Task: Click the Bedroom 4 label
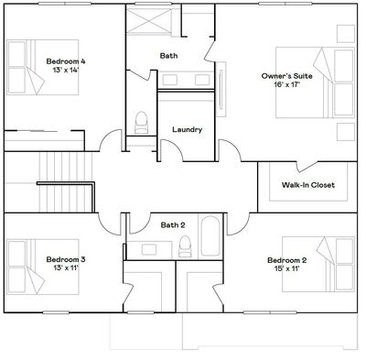pos(66,61)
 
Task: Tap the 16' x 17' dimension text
pos(287,84)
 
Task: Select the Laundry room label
pos(188,130)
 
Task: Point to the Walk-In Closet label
pos(308,185)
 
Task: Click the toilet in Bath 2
pos(185,246)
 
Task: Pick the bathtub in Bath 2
pos(210,236)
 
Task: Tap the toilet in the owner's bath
pos(141,123)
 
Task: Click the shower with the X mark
pos(149,21)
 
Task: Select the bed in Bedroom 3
pos(43,267)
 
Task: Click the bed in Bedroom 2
pos(318,264)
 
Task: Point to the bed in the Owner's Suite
pos(316,82)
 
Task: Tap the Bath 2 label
pos(173,225)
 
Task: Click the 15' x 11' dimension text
pos(287,269)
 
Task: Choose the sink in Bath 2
pos(149,250)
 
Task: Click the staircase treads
pos(66,182)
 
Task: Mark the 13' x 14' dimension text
pos(66,70)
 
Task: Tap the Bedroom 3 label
pos(66,259)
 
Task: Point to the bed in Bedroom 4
pos(43,67)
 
